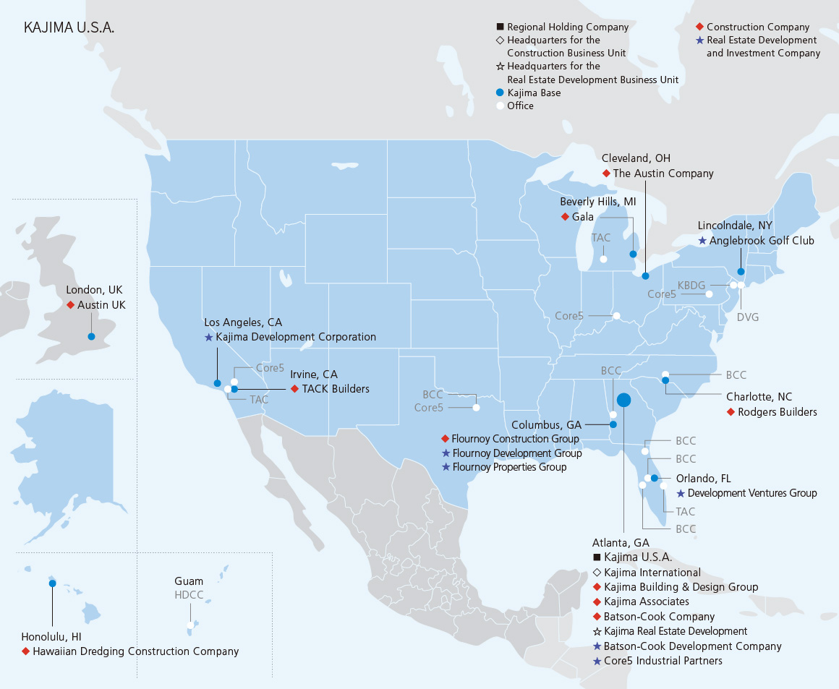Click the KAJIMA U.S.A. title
coord(69,28)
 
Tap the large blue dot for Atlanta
coord(623,399)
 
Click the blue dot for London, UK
coord(91,336)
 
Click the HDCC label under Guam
coord(189,595)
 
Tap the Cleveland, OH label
coord(636,158)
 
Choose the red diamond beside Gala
coord(564,217)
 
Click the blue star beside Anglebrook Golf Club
coord(702,241)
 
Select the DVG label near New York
coord(747,317)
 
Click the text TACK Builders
coord(336,389)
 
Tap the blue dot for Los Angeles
coord(217,382)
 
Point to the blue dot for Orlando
coord(655,478)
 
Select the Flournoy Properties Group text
coord(509,467)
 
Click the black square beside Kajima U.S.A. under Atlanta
coord(597,557)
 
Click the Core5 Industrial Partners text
coord(663,661)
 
